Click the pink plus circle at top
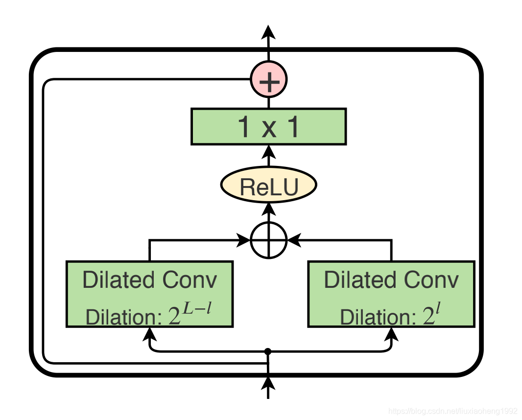pos(268,79)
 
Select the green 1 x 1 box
pos(268,127)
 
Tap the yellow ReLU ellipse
pos(268,186)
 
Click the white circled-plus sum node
pos(268,240)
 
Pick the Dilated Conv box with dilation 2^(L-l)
pos(149,294)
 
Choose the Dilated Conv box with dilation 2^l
pos(391,294)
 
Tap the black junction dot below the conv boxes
pos(268,351)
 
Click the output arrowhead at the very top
pos(268,32)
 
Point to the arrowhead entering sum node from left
pos(243,240)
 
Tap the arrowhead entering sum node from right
pos(294,240)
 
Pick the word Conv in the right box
pos(431,280)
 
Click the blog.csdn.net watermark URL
pos(452,410)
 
